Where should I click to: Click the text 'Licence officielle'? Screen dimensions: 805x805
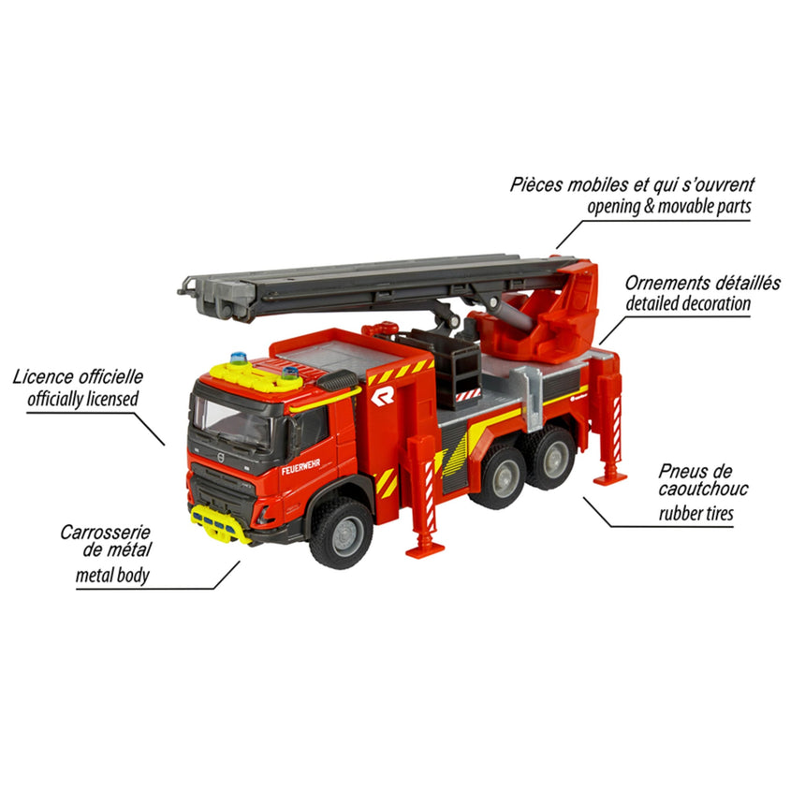[x=79, y=377]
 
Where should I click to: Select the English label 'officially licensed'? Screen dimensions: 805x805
[x=83, y=399]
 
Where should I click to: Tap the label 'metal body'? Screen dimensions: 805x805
[x=112, y=576]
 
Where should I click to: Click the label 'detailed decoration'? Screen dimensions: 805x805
[x=688, y=303]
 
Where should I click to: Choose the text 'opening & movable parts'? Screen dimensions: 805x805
[x=668, y=206]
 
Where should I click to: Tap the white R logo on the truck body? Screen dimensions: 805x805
[x=382, y=396]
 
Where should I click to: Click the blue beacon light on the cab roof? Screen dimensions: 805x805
[x=241, y=358]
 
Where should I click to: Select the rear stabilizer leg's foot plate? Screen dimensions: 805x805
[x=609, y=478]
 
